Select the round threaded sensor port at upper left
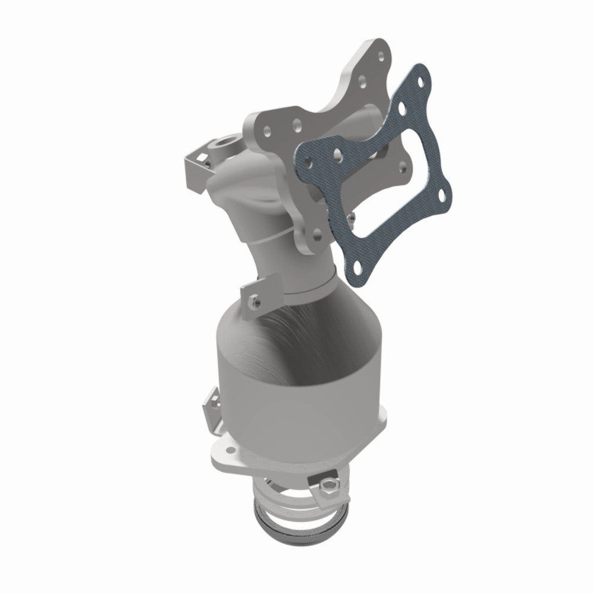point(227,142)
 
